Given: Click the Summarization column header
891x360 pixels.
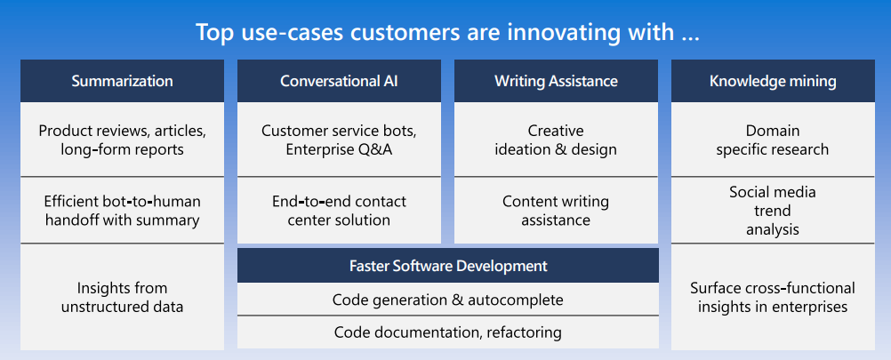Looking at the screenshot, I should point(122,81).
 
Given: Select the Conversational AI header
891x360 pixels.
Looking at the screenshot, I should point(339,81).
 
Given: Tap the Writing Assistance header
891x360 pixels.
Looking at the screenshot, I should point(556,81).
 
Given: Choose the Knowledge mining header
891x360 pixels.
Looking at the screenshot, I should point(773,81).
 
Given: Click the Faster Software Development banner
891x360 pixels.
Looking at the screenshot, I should point(447,266).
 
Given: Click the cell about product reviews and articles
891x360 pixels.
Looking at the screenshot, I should point(122,140).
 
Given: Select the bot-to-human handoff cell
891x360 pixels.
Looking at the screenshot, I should point(122,211).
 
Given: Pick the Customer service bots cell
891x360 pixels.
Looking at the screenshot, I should point(339,140).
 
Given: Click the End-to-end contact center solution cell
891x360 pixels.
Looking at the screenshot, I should point(339,211).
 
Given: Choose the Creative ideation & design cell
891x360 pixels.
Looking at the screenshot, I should point(556,140).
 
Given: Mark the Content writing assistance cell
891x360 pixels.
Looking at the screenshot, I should point(556,211).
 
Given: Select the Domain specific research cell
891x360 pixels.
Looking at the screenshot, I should point(773,140).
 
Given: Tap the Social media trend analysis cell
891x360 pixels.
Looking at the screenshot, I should point(773,211).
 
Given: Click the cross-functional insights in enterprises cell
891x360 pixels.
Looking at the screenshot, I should point(773,297).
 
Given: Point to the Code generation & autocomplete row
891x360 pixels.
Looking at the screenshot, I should point(447,300).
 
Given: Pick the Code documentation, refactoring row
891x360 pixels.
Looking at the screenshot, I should point(447,332).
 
